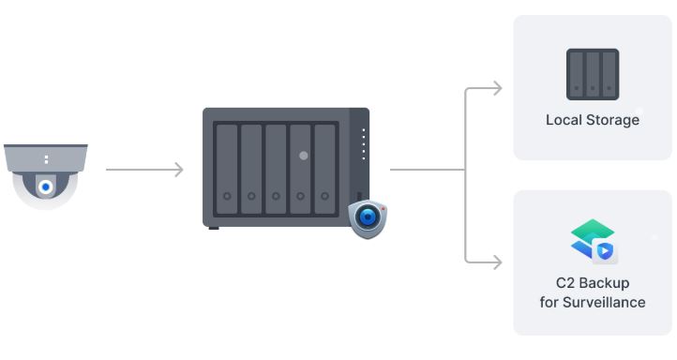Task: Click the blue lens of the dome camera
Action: pyautogui.click(x=46, y=187)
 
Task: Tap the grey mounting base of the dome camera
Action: pyautogui.click(x=46, y=158)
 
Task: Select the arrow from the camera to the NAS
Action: pyautogui.click(x=144, y=170)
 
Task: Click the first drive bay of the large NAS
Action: pyautogui.click(x=227, y=169)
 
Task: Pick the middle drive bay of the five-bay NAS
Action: pyautogui.click(x=276, y=169)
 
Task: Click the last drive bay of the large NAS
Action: pyautogui.click(x=324, y=169)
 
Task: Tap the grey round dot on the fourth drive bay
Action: pyautogui.click(x=304, y=156)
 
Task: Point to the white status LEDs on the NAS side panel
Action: pyautogui.click(x=364, y=144)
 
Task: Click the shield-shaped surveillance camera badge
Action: pyautogui.click(x=368, y=219)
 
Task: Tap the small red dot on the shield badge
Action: pyautogui.click(x=383, y=209)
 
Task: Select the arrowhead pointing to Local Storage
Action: pyautogui.click(x=498, y=88)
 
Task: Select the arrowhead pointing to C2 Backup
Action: pyautogui.click(x=498, y=262)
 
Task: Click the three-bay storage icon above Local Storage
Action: pyautogui.click(x=593, y=74)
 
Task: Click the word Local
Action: pyautogui.click(x=564, y=120)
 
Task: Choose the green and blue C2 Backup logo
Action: pyautogui.click(x=594, y=241)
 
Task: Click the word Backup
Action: pyautogui.click(x=604, y=283)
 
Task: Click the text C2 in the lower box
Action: pyautogui.click(x=564, y=283)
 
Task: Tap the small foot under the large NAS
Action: pyautogui.click(x=214, y=228)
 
